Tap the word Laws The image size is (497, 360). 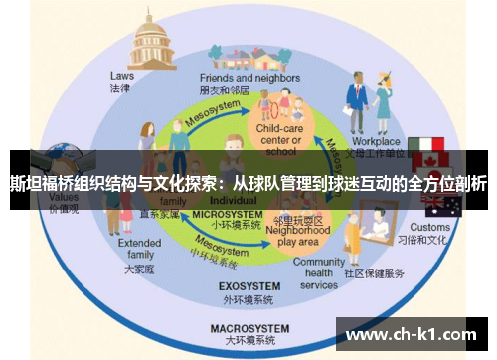tap(121, 74)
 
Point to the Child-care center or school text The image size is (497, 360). tap(281, 140)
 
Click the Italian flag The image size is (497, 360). tap(430, 147)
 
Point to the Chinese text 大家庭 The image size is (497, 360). tap(140, 269)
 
